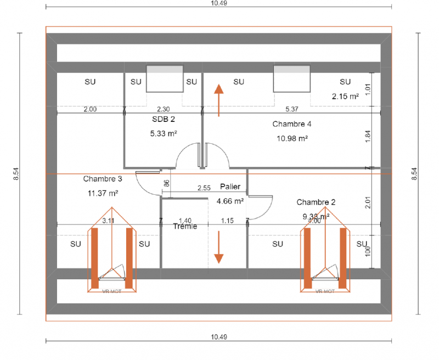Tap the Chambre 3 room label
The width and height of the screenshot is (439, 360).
tap(103, 179)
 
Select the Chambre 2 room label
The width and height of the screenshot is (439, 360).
tap(316, 202)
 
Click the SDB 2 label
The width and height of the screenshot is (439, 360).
tap(163, 118)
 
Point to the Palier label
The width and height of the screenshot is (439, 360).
tap(230, 187)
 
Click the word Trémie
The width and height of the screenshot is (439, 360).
tap(185, 226)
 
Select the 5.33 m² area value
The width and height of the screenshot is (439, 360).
tap(163, 133)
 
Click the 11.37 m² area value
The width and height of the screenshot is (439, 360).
tap(103, 193)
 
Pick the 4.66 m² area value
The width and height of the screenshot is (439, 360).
tap(230, 201)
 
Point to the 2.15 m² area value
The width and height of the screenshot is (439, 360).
tap(345, 96)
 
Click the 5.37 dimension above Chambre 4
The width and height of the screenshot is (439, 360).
tap(291, 109)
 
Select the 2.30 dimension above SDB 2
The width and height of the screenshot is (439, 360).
tap(164, 109)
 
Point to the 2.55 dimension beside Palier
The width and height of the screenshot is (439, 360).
tap(204, 188)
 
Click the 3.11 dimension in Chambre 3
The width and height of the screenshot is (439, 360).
tap(108, 221)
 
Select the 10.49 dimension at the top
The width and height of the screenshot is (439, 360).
tap(218, 3)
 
